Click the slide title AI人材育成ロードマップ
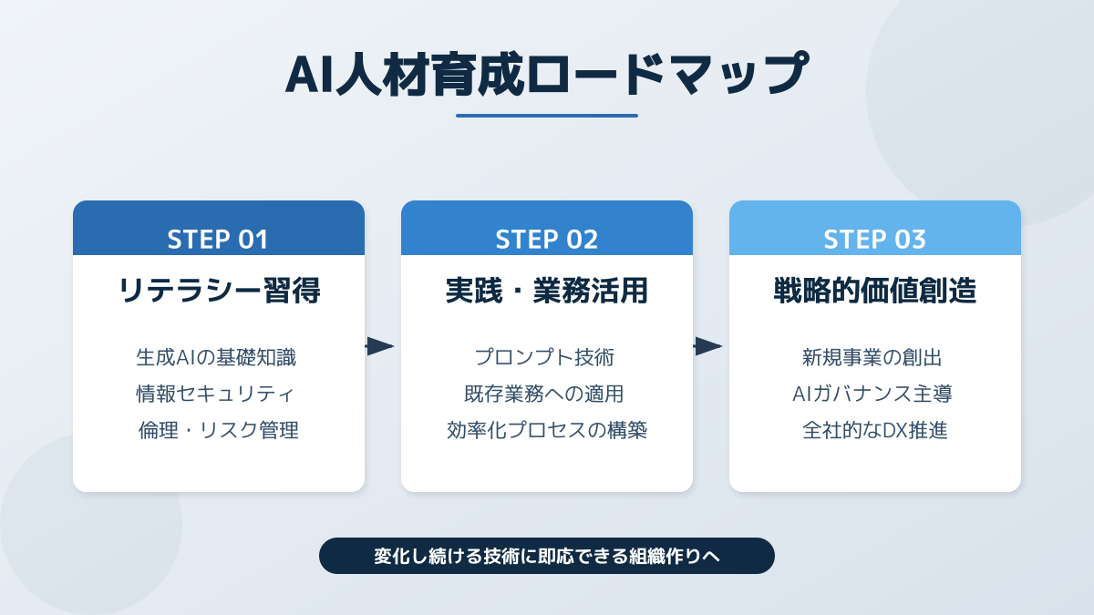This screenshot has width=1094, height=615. point(546,75)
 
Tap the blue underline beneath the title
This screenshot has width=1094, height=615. point(546,116)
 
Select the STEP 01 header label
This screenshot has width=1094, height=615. point(218,239)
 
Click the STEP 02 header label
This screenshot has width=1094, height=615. point(546,239)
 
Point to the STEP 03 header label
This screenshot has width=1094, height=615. point(874,239)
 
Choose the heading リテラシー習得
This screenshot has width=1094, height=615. point(219,292)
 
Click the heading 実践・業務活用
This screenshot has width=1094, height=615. point(546,292)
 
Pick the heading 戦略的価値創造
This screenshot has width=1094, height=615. point(874,292)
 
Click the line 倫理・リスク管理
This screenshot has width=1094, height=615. point(218,430)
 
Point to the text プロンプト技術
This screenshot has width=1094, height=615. point(546,357)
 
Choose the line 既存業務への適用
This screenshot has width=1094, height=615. point(546,394)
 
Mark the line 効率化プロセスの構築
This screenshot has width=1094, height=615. point(546,430)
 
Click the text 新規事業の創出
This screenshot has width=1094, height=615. point(874,357)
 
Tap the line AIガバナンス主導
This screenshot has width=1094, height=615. point(874,394)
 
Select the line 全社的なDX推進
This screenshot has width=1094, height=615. point(874,430)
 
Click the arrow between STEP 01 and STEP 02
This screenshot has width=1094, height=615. point(380,346)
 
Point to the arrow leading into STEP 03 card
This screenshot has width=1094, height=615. point(708,346)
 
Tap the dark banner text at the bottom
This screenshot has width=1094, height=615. point(546,556)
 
